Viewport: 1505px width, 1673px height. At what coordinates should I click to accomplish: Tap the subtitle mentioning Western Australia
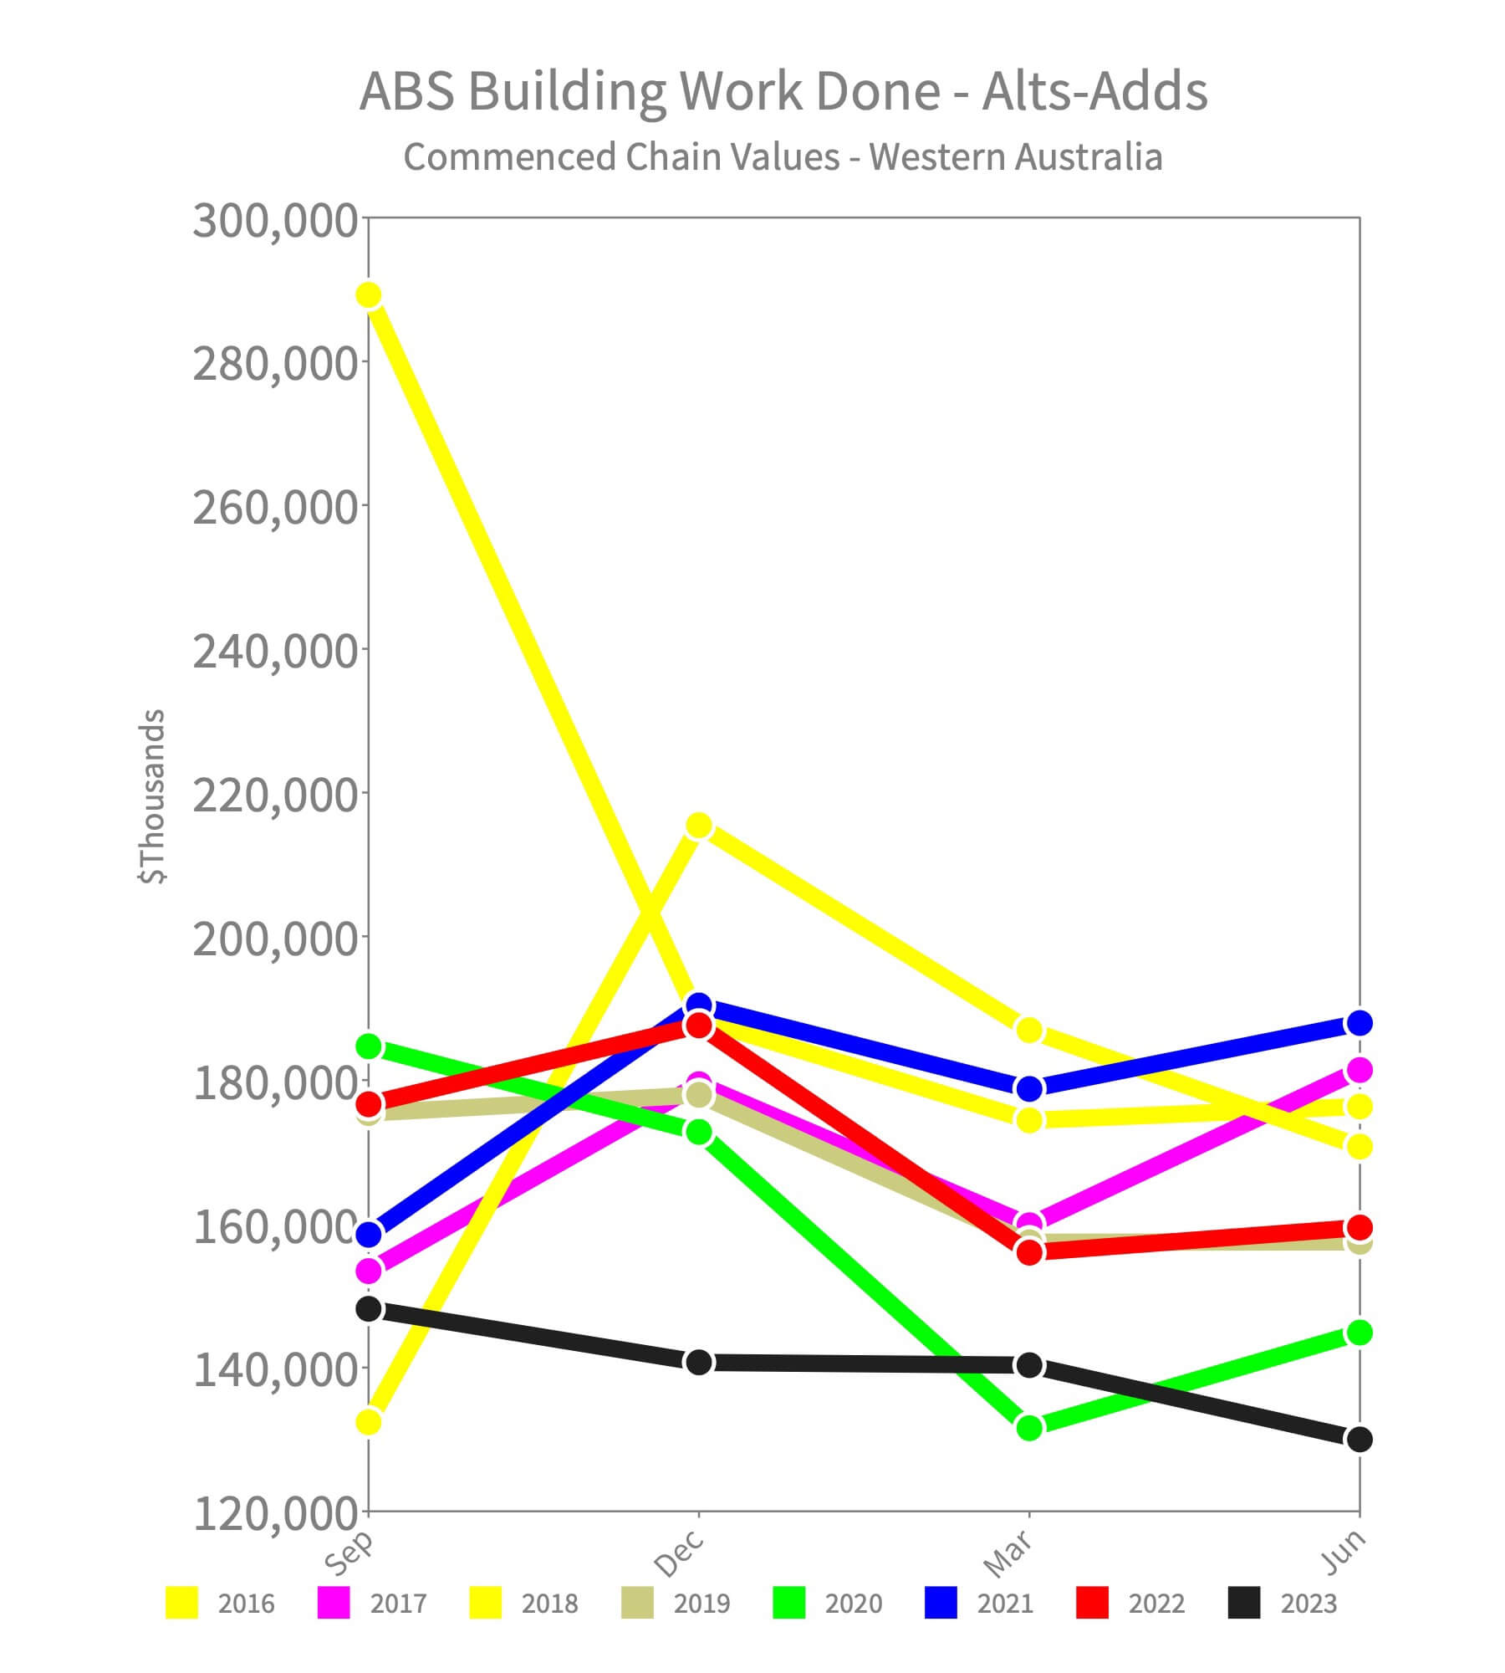(783, 157)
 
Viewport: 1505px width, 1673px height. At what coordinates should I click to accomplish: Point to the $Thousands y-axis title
(153, 796)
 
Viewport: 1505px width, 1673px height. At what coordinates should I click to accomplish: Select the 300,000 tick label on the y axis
(275, 222)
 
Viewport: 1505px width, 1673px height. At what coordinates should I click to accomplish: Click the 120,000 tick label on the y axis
(275, 1513)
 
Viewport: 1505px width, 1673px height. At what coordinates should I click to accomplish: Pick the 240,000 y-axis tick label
(275, 652)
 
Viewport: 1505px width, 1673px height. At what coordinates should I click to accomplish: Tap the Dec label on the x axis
(679, 1554)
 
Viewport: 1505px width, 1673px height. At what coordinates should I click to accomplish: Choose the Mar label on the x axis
(1009, 1554)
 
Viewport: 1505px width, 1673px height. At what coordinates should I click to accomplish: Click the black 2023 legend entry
(1283, 1604)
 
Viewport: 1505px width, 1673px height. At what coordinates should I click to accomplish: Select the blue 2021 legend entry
(980, 1604)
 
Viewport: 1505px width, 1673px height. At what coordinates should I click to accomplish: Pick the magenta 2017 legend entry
(373, 1604)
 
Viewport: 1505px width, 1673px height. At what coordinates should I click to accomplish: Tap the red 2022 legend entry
(1131, 1604)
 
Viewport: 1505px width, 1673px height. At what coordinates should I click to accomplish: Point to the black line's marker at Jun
(1360, 1440)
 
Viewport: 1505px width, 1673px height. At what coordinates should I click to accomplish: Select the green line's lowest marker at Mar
(1029, 1428)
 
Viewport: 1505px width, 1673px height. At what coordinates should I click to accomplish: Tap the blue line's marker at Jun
(1360, 1023)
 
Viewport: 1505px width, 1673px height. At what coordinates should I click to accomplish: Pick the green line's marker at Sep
(369, 1046)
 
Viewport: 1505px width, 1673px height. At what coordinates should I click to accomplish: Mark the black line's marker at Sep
(369, 1309)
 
